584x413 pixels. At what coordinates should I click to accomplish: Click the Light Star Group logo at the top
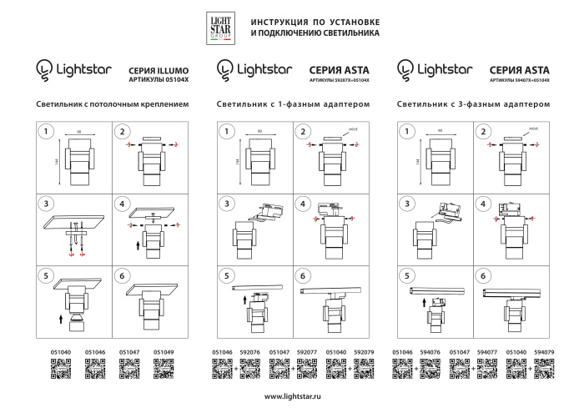[x=220, y=27]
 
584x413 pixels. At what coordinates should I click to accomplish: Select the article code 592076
[x=250, y=353]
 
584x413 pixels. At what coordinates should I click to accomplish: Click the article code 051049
[x=165, y=353]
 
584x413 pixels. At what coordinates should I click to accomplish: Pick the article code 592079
[x=365, y=353]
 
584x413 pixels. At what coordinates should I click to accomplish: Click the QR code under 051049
[x=165, y=369]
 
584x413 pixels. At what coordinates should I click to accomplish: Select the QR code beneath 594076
[x=430, y=369]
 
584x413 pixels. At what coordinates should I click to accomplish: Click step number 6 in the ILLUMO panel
[x=123, y=275]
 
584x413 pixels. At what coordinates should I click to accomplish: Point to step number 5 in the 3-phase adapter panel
[x=406, y=275]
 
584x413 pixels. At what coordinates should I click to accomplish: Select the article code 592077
[x=307, y=353]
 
